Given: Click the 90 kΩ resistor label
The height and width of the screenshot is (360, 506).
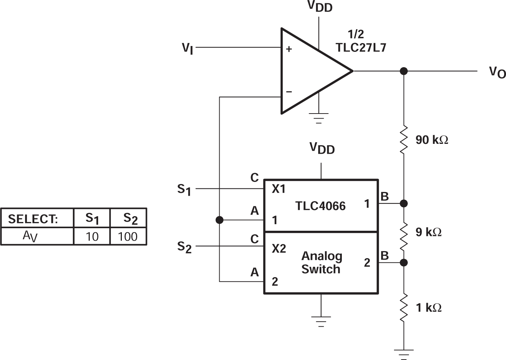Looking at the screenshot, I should click(x=432, y=140).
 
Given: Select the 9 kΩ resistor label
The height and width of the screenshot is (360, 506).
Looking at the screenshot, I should click(x=428, y=232).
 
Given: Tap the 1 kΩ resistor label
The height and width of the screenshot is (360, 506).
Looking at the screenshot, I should click(x=428, y=308).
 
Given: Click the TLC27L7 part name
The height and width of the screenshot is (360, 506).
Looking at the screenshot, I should click(x=361, y=47).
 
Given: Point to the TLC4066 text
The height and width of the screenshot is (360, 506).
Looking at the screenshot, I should click(x=320, y=206).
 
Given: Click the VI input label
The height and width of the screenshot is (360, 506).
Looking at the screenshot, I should click(x=188, y=48).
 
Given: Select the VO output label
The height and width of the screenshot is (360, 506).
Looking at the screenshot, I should click(x=497, y=72).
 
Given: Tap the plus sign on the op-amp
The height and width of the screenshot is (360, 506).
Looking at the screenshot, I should click(x=289, y=49).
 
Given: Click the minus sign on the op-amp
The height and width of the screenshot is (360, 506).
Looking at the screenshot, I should click(x=289, y=92).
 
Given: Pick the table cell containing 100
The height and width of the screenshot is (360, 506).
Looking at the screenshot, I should click(x=128, y=237).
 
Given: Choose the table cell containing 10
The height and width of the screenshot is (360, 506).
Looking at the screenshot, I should click(x=92, y=237).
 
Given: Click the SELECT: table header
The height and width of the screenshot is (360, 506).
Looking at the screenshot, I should click(x=33, y=219).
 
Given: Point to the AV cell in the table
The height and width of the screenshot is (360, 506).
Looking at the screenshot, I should click(x=30, y=237).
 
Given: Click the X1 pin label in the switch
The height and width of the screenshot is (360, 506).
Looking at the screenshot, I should click(x=278, y=189).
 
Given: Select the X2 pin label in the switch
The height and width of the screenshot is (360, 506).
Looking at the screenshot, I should click(x=279, y=249).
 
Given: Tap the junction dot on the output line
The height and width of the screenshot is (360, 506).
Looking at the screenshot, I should click(x=403, y=71).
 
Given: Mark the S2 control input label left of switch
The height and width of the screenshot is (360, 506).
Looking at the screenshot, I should click(x=184, y=247).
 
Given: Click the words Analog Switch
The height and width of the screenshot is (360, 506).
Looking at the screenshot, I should click(x=321, y=263).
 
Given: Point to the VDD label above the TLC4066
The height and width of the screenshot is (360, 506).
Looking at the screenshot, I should click(x=322, y=148).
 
